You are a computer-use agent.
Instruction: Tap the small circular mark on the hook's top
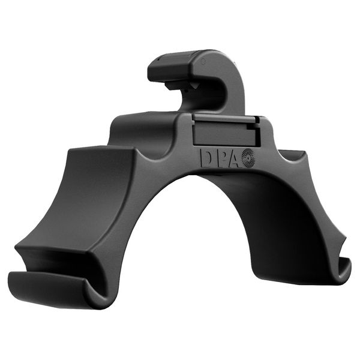click(204, 61)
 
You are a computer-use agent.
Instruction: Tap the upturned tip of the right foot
click(346, 267)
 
